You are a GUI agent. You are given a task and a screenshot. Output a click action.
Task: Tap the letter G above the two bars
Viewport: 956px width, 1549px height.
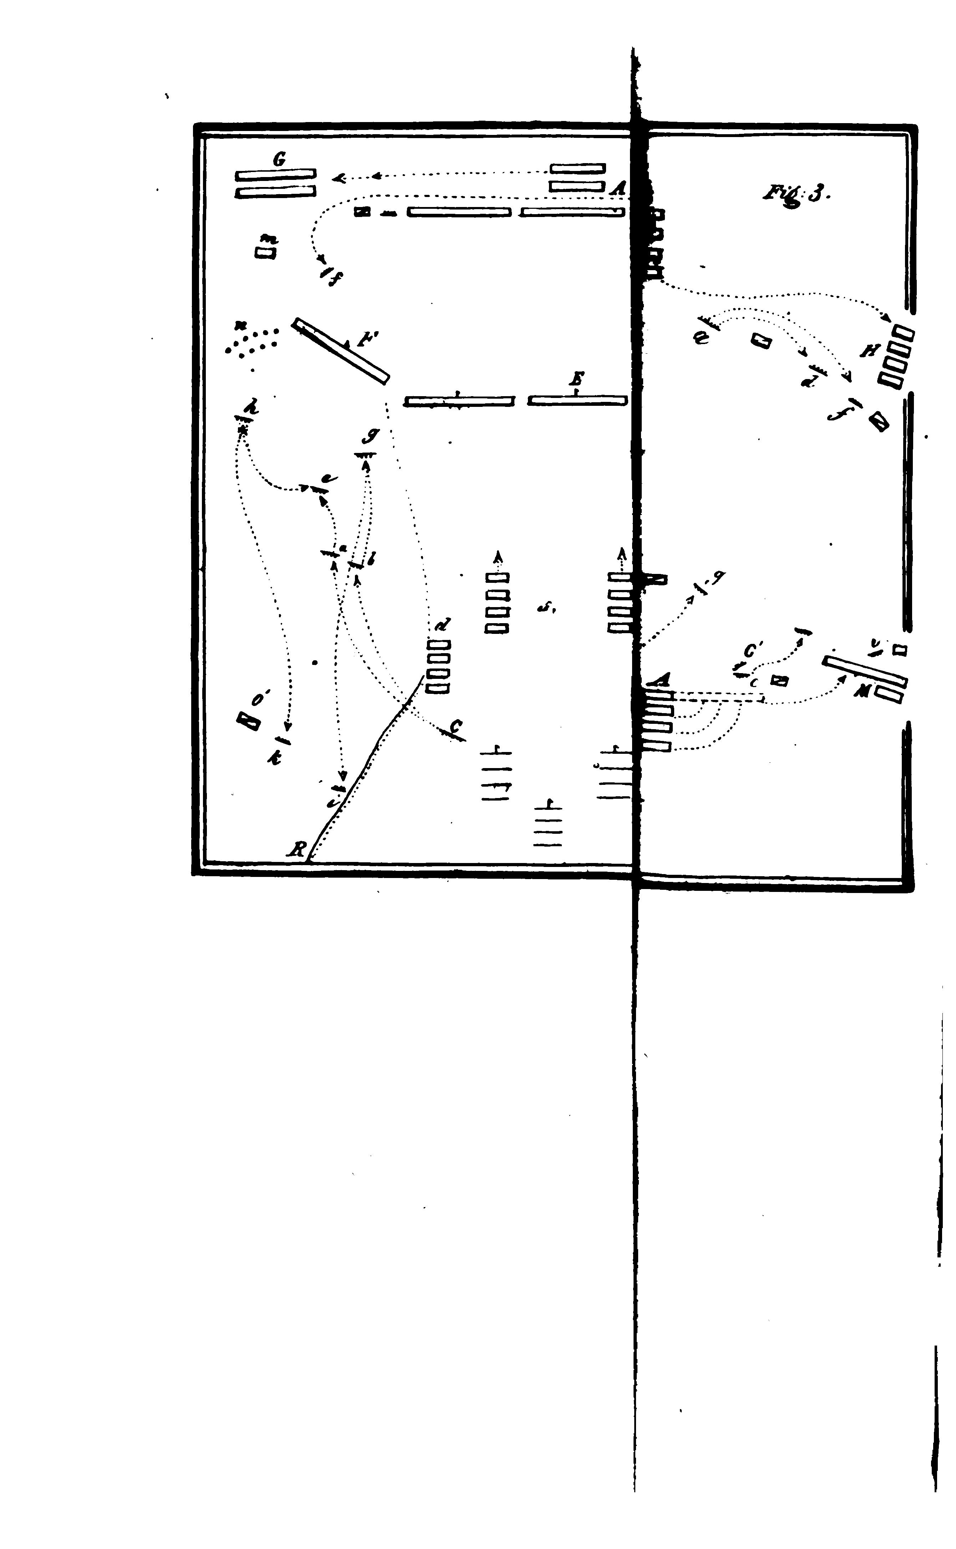[x=278, y=160]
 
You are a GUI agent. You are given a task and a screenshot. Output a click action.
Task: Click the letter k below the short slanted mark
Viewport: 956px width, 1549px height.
[x=274, y=759]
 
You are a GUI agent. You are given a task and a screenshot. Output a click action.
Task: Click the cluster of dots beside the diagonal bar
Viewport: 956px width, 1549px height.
[x=251, y=342]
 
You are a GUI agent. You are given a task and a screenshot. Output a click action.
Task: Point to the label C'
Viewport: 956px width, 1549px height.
[x=752, y=651]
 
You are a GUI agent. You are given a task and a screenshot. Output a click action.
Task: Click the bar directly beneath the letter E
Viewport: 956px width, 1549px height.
[x=577, y=400]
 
